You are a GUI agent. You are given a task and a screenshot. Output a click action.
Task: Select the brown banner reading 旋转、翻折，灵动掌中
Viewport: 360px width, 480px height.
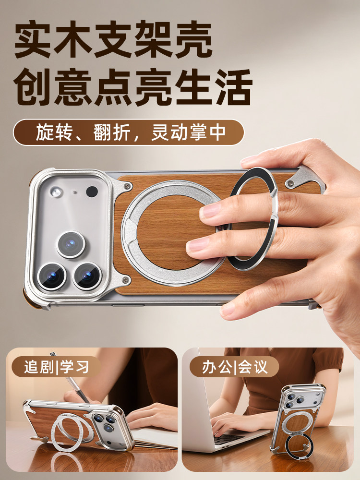click(129, 132)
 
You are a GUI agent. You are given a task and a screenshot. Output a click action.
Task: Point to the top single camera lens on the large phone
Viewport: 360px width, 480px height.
click(71, 244)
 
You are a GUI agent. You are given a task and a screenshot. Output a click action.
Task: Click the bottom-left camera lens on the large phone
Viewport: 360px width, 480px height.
click(51, 276)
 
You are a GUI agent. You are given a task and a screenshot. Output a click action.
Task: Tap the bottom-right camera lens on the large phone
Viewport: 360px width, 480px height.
click(88, 276)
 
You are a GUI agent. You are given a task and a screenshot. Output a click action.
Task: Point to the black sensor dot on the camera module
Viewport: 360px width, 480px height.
click(92, 192)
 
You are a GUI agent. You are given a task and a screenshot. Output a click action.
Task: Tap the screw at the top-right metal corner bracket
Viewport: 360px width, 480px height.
click(290, 182)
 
